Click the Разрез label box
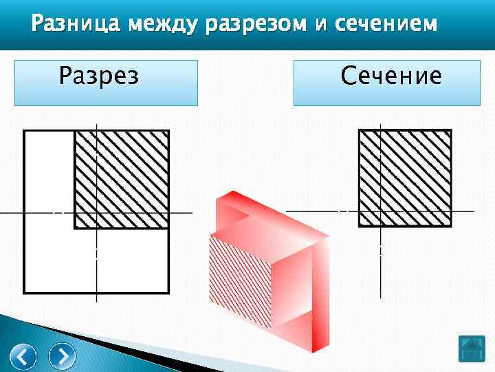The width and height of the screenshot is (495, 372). (x=106, y=82)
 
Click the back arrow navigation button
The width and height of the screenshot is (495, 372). (x=25, y=356)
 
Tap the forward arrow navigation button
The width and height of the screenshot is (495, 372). (x=63, y=356)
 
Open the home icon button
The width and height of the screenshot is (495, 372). (x=472, y=349)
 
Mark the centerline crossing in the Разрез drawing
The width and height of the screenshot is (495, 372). (x=97, y=214)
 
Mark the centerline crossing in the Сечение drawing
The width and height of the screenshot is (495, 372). (x=380, y=209)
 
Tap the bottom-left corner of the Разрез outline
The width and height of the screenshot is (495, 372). (x=25, y=293)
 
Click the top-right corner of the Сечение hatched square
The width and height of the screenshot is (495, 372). (x=451, y=130)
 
